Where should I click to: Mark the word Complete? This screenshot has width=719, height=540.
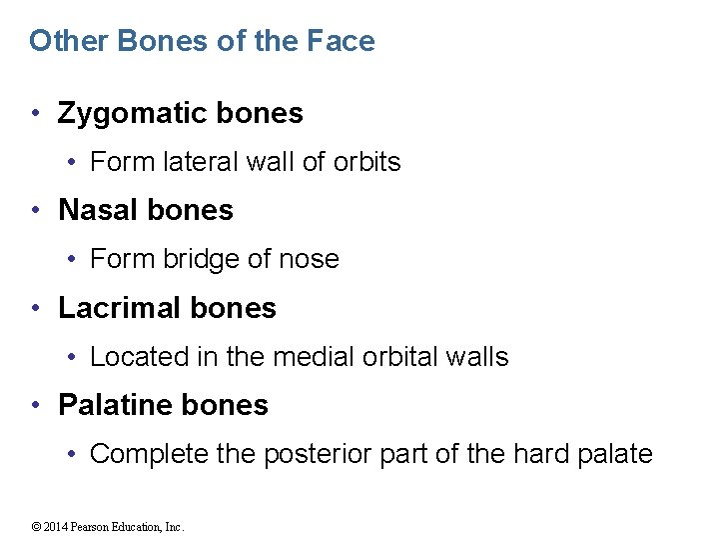[x=149, y=454]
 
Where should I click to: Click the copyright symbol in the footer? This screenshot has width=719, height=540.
[x=35, y=527]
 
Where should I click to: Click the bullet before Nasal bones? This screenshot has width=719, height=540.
[x=36, y=210]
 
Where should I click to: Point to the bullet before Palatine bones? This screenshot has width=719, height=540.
[x=36, y=405]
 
